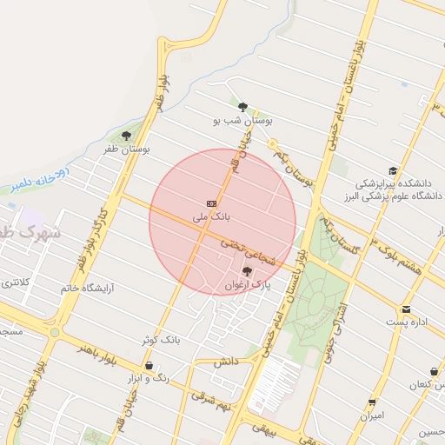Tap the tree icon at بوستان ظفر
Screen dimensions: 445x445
coord(127,136)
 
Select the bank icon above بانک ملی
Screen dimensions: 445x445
coord(211,201)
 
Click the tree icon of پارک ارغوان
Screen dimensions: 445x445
coord(247,271)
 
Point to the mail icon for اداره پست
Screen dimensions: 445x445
coord(406,309)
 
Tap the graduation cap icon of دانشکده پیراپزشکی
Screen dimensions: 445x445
coord(393,171)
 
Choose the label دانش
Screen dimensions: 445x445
coord(223,361)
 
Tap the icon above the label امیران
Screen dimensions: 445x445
coord(373,402)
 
